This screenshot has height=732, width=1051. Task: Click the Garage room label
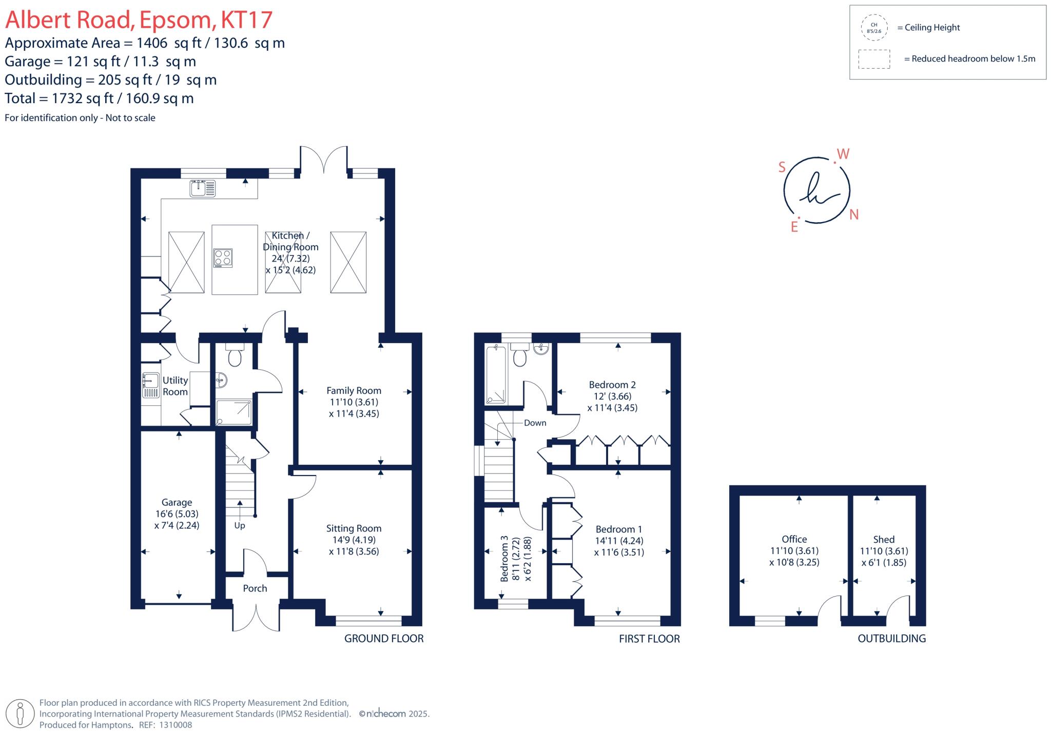[177, 503]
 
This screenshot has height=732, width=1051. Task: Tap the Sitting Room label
[354, 528]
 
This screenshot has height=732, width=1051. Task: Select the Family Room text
[354, 391]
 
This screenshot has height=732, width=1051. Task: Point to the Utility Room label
[175, 386]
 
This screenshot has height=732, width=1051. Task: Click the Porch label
[255, 588]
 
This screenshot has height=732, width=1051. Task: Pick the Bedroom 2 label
[612, 385]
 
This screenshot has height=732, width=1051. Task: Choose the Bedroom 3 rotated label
[504, 559]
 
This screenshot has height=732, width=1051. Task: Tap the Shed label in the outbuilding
[884, 539]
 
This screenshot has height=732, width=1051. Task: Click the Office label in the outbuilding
[794, 539]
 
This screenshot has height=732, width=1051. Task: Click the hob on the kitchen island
[223, 258]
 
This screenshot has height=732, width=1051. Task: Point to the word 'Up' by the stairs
[240, 525]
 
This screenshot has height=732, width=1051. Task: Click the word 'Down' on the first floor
[535, 423]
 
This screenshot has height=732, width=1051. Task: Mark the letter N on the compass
[854, 215]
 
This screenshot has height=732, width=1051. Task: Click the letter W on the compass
[843, 154]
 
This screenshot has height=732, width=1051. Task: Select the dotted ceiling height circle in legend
[874, 28]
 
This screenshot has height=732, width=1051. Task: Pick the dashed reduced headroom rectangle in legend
[874, 59]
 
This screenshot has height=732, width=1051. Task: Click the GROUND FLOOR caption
[384, 639]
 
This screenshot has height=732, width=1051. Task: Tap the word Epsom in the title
[175, 19]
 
